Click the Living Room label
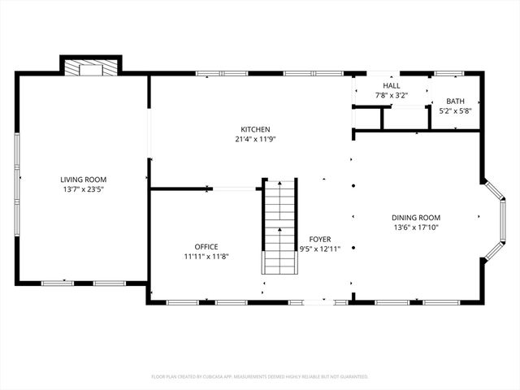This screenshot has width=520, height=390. [83, 180]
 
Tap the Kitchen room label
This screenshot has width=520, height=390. [255, 129]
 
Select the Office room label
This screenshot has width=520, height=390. [206, 247]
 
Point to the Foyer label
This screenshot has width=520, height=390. [319, 240]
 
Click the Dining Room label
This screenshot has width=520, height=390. [416, 217]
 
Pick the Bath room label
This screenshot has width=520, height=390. [455, 101]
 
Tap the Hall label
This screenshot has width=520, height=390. [392, 85]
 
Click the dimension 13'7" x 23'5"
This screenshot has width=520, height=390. [83, 189]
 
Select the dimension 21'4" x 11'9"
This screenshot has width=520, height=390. [255, 139]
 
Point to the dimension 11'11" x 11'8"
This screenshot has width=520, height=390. [206, 257]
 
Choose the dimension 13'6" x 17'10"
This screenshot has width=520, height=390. [416, 227]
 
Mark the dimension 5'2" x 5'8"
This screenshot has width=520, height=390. [455, 110]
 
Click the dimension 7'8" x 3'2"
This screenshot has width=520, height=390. [392, 95]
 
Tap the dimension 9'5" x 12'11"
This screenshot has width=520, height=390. [319, 249]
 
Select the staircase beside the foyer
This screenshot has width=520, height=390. [279, 227]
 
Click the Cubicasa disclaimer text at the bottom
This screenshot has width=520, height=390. [260, 377]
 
